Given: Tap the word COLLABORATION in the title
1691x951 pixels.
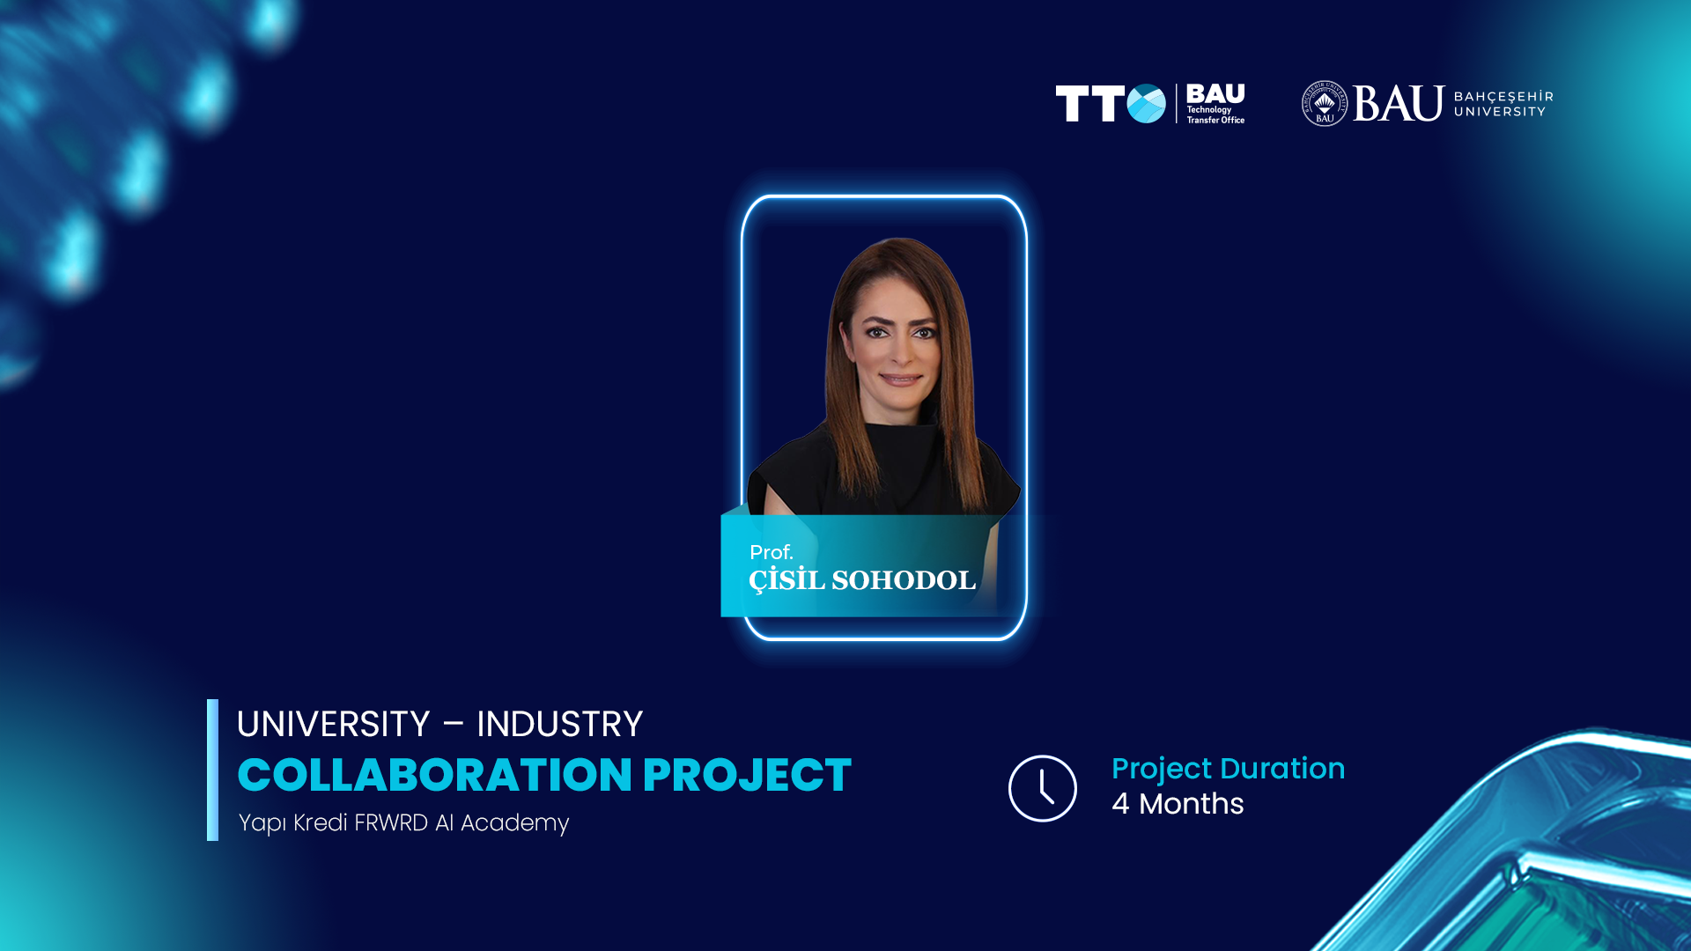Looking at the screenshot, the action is tap(435, 775).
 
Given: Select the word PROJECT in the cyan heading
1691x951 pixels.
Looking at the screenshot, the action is tap(747, 775).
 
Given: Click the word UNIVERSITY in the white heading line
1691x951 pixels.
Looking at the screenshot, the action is tap(333, 724).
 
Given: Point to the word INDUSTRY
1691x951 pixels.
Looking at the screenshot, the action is tap(559, 724).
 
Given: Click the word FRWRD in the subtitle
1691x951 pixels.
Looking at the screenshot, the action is tap(390, 822).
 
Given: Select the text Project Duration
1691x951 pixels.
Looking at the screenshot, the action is tap(1228, 769).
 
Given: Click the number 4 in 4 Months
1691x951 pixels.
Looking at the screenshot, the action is tap(1120, 803).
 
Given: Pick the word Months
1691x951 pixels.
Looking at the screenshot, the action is tap(1191, 803).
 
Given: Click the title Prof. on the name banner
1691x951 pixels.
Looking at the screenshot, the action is tap(772, 552).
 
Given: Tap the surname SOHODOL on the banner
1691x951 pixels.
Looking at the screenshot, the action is tap(904, 580).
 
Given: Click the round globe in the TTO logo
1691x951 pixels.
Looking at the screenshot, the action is tap(1147, 104).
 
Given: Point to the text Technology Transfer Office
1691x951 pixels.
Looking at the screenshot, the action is tap(1215, 115).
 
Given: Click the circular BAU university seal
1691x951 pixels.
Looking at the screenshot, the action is tap(1325, 104).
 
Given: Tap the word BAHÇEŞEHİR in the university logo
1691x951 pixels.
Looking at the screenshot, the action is tap(1503, 96).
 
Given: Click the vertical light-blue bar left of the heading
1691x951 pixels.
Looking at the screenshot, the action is tap(212, 770).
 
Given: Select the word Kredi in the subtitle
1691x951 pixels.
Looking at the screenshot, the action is tap(321, 822).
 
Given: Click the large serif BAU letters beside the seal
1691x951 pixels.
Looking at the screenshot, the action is tap(1399, 104).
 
